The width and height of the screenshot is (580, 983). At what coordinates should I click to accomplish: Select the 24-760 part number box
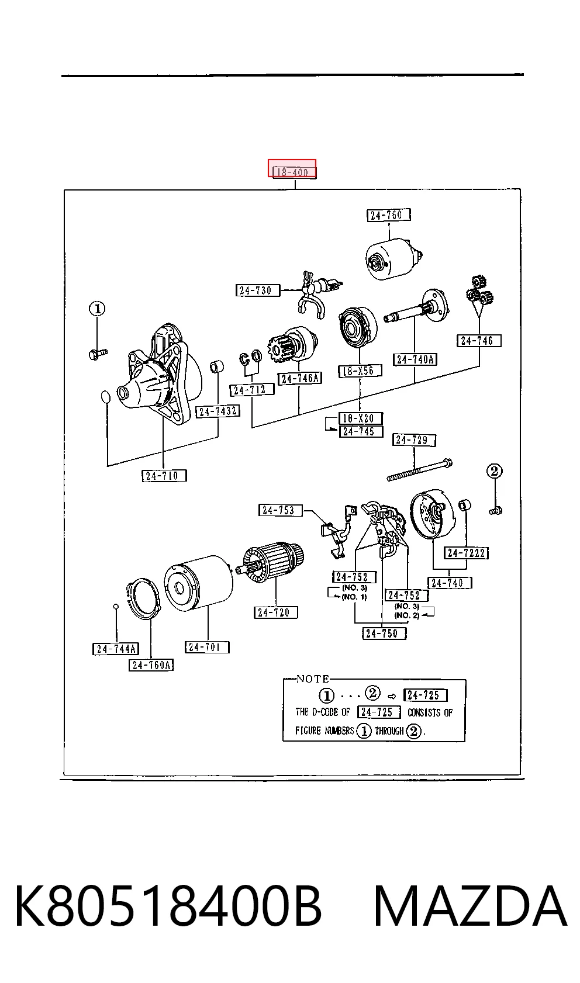[389, 215]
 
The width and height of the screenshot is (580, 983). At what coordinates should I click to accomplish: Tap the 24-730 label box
[258, 290]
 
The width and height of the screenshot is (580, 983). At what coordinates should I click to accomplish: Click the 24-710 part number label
[164, 476]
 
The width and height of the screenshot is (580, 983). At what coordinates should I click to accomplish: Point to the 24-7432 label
[217, 411]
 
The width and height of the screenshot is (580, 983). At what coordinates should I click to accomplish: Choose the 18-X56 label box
[360, 371]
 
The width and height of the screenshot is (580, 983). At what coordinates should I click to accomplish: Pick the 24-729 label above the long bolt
[414, 439]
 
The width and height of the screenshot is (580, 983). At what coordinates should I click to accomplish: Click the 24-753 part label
[281, 510]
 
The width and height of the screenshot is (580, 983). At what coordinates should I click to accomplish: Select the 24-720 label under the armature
[276, 612]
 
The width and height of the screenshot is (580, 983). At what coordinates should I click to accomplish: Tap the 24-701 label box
[207, 647]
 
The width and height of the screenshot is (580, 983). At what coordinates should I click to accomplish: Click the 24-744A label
[116, 649]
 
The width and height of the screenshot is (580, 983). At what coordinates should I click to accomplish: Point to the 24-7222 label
[467, 552]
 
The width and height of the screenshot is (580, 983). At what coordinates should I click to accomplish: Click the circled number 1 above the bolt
[97, 309]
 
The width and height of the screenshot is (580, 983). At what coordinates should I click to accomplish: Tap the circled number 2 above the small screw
[495, 471]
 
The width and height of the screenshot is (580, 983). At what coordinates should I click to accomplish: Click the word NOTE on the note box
[313, 679]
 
